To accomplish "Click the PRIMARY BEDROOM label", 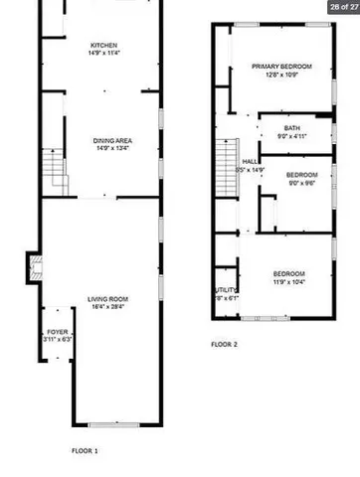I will tap(281, 66).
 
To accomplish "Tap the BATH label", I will tap(291, 127).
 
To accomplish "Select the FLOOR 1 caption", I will tap(84, 450).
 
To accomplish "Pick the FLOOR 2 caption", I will tap(224, 345).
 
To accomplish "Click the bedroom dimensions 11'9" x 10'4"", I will tap(288, 281).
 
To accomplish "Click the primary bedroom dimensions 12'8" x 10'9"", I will tap(281, 74).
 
